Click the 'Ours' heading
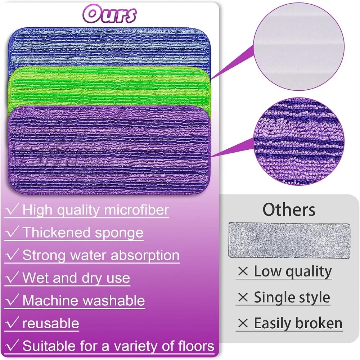[109, 14]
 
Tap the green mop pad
[109, 87]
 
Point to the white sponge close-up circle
[299, 46]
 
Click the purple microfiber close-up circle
[299, 141]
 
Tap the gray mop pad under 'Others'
[289, 240]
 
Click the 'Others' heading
[289, 210]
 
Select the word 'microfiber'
[136, 210]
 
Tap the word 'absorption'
[145, 255]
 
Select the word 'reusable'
[50, 323]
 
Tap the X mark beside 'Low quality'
[243, 271]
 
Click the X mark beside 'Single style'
[243, 297]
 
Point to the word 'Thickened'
[57, 232]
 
